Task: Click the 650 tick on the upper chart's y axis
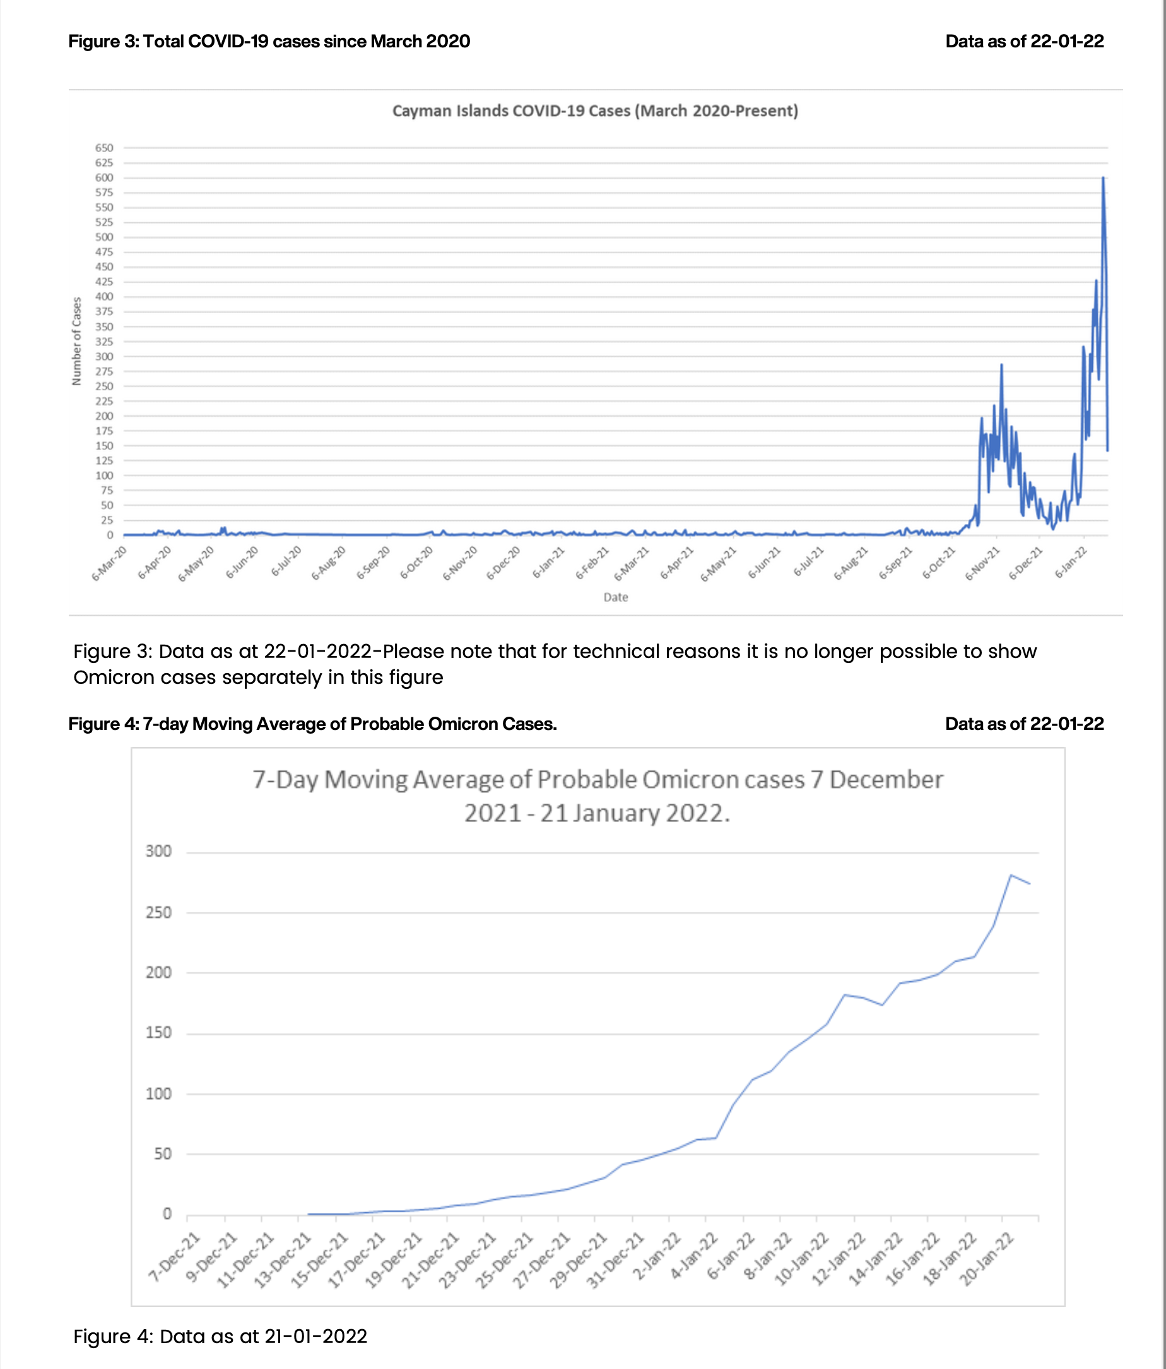(x=104, y=148)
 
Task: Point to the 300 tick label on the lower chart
(x=158, y=851)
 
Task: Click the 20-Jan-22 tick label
(x=986, y=1259)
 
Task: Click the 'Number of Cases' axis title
(x=76, y=341)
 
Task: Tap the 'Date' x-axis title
(x=615, y=597)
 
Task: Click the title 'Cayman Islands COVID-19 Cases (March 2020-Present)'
(x=595, y=111)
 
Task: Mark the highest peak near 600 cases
(x=1103, y=179)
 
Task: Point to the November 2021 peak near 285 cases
(x=1001, y=365)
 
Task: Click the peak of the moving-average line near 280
(x=1011, y=875)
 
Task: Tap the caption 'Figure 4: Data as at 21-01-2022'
(x=220, y=1336)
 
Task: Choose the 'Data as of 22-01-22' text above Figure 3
(x=1024, y=42)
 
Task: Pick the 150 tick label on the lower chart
(x=158, y=1032)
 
